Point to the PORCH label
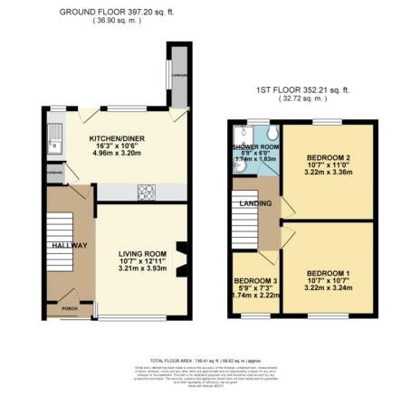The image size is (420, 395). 68,306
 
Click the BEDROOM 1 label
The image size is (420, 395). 329,273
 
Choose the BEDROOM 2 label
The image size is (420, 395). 328,159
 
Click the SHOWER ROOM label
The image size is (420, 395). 255,146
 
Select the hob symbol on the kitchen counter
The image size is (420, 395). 146,191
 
